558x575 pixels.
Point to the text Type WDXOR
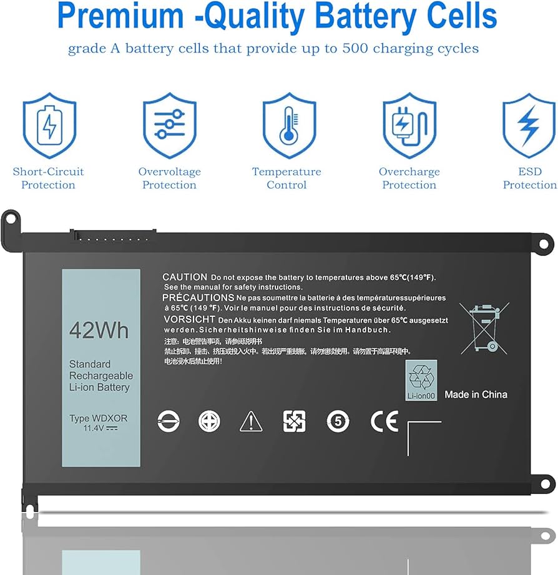(98, 418)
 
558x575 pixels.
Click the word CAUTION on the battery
(184, 277)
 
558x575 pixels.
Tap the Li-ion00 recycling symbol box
(420, 381)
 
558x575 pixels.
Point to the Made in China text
(476, 394)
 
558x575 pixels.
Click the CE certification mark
(384, 422)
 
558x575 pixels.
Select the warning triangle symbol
(251, 422)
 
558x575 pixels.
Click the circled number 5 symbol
(338, 422)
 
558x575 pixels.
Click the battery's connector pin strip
(112, 237)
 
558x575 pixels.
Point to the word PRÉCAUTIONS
(198, 297)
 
